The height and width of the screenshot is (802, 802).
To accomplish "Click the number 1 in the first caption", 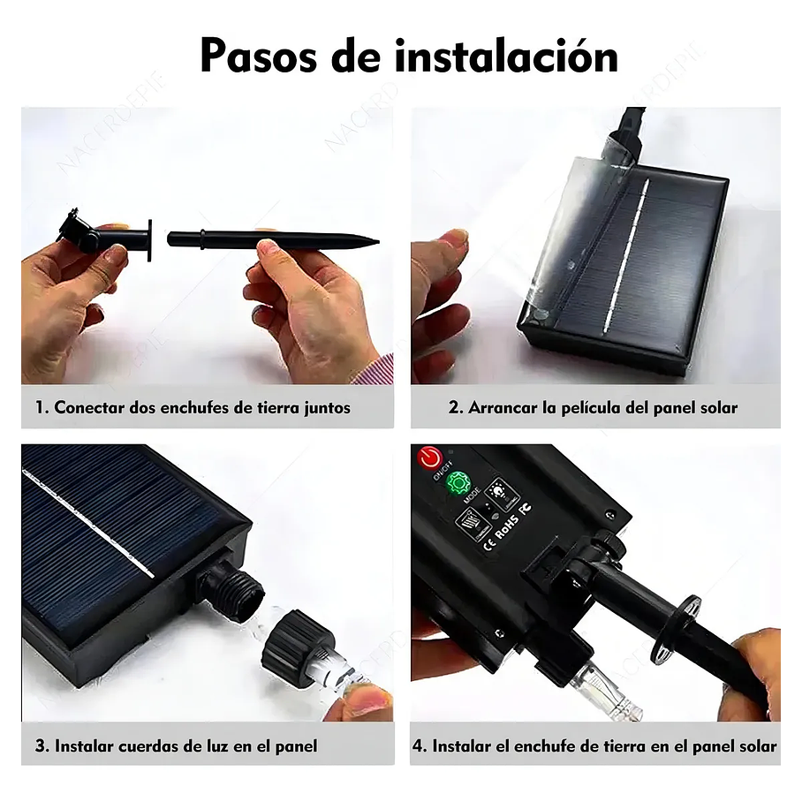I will pos(41,407).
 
